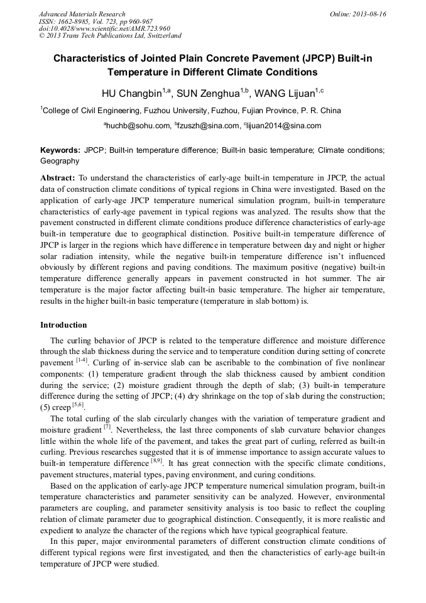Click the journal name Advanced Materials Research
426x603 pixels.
coord(82,14)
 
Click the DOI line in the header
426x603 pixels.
coord(104,28)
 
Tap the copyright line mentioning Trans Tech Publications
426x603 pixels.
coord(110,36)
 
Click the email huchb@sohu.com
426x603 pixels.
coord(139,126)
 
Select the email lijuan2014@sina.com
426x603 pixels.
coord(283,126)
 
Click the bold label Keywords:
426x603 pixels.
coord(60,151)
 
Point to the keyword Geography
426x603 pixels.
coord(60,161)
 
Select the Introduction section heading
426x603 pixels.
coord(63,325)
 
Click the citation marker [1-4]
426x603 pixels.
coord(82,360)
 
